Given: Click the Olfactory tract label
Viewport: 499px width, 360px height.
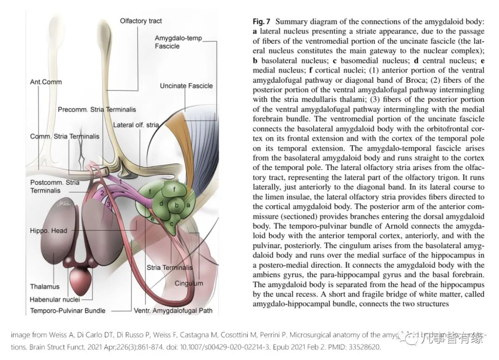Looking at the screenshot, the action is (x=140, y=21).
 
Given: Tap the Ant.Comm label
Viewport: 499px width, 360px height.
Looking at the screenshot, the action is (x=46, y=82).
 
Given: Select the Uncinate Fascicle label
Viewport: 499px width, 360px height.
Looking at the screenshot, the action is (x=186, y=85).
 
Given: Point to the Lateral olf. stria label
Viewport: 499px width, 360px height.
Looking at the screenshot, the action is (x=136, y=125).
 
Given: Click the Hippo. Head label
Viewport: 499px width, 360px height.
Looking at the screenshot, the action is (x=49, y=231).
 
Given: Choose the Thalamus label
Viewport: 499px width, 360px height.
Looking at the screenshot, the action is (x=44, y=287).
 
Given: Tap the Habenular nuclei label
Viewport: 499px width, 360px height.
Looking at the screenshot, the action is (x=55, y=299).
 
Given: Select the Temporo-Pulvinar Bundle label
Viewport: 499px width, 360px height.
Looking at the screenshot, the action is (x=67, y=311).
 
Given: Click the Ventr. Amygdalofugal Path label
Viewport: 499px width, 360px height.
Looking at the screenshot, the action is (x=173, y=311).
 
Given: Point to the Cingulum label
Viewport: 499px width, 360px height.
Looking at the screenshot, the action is (x=189, y=283).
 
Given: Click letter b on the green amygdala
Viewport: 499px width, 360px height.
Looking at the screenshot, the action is (x=176, y=205).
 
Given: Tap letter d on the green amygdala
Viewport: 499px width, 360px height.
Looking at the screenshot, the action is (x=161, y=203).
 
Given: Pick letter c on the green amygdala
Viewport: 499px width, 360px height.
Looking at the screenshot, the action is (x=171, y=224).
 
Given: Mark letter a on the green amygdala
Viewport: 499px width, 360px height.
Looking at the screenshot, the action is (x=188, y=205).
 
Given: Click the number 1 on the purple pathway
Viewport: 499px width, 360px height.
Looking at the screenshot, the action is (x=120, y=182).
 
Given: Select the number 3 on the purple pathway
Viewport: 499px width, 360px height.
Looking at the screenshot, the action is (x=109, y=204).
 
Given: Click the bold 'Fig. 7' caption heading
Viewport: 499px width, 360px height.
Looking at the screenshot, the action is (x=261, y=21).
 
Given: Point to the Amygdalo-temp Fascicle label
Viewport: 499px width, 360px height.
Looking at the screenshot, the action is (x=178, y=42).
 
